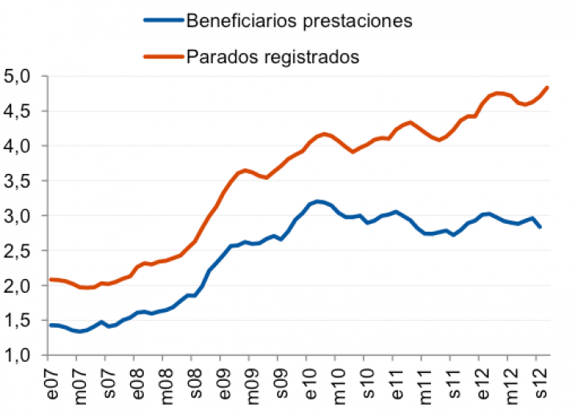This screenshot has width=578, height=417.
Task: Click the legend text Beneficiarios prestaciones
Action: pyautogui.click(x=299, y=21)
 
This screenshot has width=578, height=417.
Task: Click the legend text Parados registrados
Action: pyautogui.click(x=272, y=57)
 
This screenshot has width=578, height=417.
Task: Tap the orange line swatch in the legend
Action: pyautogui.click(x=161, y=57)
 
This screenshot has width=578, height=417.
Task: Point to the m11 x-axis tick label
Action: pyautogui.click(x=425, y=385)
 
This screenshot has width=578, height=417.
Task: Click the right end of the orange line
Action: pyautogui.click(x=547, y=87)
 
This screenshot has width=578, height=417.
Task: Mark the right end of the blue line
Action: pyautogui.click(x=540, y=227)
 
